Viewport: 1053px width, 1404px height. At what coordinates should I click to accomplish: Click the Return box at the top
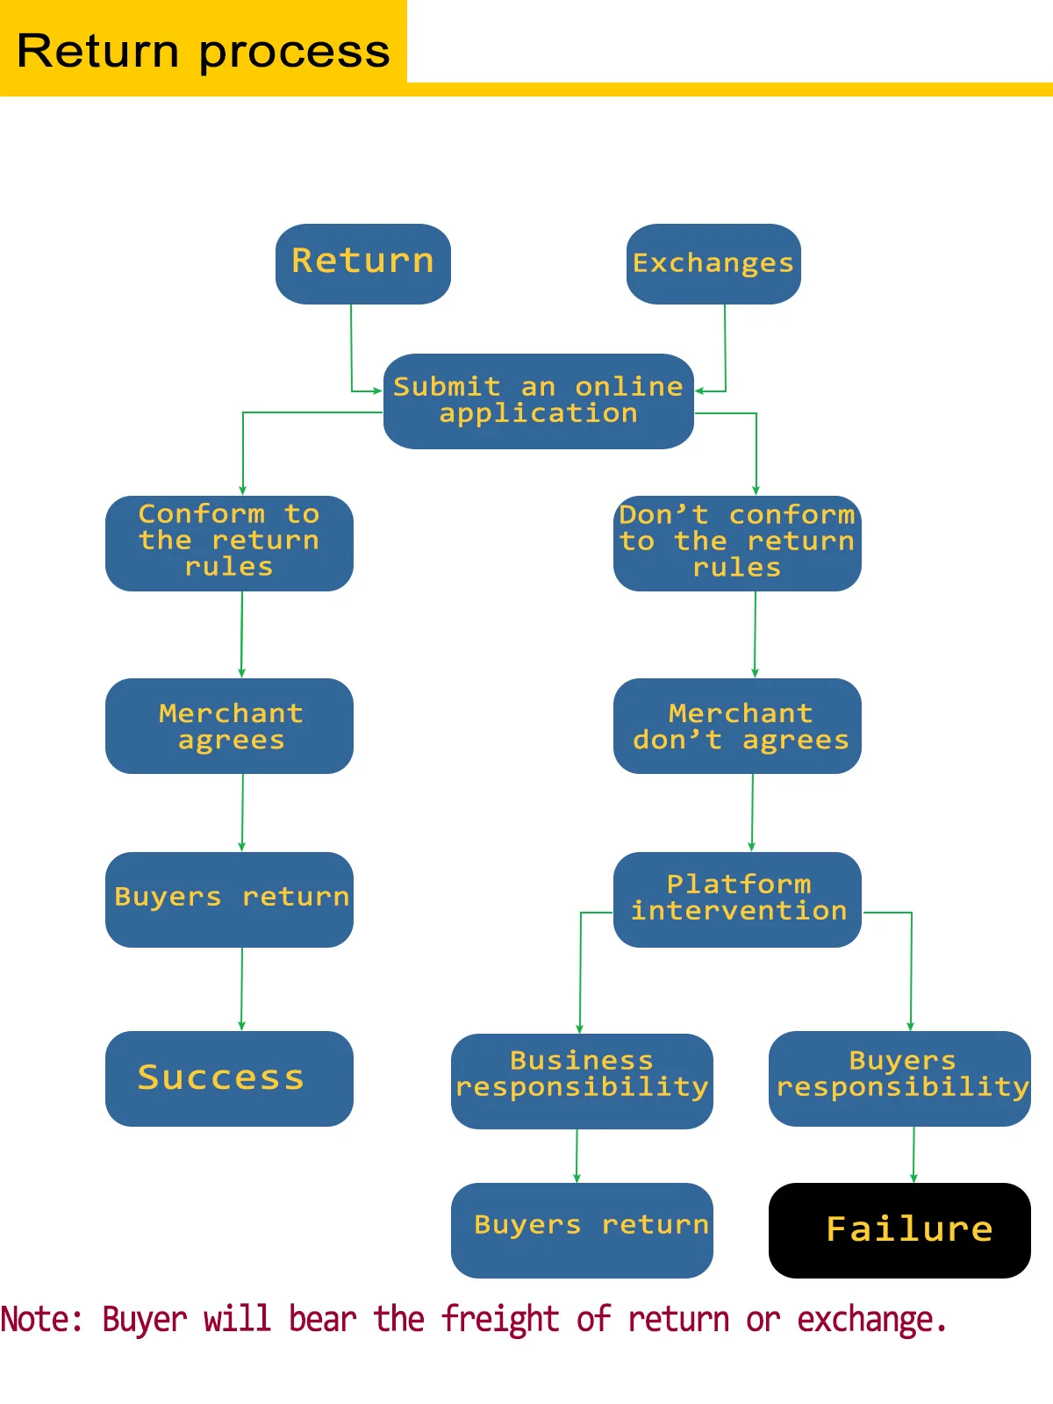(x=362, y=263)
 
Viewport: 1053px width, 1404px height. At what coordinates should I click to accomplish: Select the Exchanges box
(x=713, y=263)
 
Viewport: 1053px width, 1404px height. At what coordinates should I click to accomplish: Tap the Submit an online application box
(x=538, y=401)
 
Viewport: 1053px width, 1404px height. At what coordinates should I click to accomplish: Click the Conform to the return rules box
(x=229, y=542)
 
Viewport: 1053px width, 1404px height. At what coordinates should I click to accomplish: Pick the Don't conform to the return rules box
(x=737, y=542)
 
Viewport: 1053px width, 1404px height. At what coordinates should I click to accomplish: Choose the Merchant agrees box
(x=229, y=726)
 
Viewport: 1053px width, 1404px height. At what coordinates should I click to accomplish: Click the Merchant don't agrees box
(x=737, y=726)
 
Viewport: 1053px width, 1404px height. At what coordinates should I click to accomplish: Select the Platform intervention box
(x=737, y=899)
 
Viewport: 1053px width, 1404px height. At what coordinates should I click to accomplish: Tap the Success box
(x=229, y=1078)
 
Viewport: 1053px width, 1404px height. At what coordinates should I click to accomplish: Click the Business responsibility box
(x=581, y=1080)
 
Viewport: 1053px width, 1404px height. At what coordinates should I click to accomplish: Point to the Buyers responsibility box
(x=899, y=1078)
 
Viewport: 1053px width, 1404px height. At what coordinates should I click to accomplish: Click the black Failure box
(x=899, y=1229)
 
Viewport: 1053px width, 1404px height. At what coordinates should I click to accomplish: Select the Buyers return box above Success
(x=229, y=899)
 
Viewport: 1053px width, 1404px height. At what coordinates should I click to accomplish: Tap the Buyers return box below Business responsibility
(x=581, y=1229)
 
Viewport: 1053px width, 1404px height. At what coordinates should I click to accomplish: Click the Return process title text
(x=203, y=51)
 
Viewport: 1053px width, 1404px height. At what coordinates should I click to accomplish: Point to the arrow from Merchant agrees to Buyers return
(x=242, y=813)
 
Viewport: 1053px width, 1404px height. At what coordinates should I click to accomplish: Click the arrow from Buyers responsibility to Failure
(x=913, y=1154)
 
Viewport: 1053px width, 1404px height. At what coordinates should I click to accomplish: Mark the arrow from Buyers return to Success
(x=241, y=988)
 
